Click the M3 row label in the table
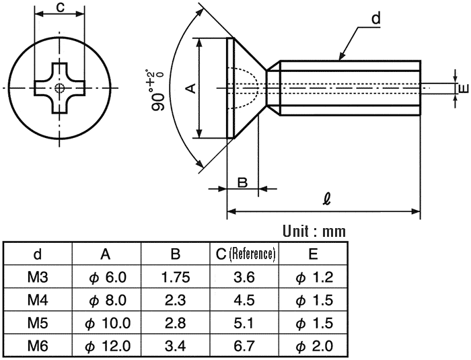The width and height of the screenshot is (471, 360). tap(38, 277)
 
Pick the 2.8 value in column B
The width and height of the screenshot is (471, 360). tap(176, 324)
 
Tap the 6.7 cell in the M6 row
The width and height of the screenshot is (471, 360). tap(244, 346)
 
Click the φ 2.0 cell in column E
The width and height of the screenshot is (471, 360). tap(314, 346)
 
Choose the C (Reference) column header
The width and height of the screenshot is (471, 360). tap(245, 254)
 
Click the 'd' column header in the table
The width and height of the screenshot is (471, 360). tap(38, 254)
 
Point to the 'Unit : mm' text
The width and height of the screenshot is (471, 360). tap(314, 231)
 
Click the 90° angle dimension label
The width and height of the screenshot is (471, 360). tap(157, 90)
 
